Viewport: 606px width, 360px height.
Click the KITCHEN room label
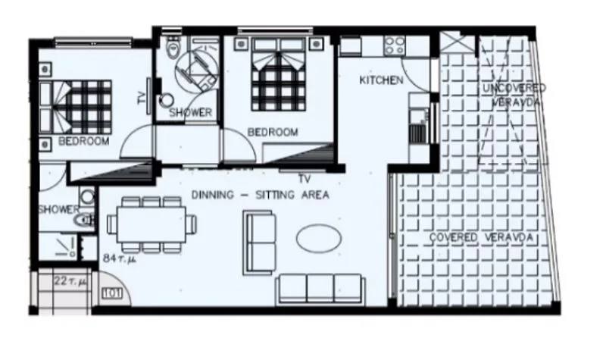pos(381,80)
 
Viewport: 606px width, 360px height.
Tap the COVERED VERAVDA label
pos(481,237)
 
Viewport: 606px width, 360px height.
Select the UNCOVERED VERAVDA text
pos(514,95)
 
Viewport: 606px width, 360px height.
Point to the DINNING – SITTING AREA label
pos(260,195)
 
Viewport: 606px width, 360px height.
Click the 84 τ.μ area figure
pos(120,258)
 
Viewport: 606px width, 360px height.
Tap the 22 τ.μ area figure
pos(70,281)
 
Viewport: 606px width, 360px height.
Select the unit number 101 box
pos(111,293)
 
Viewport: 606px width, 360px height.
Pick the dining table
pos(151,224)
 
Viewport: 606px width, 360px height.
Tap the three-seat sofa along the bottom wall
pos(320,289)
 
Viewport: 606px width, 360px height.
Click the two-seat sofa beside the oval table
pos(260,243)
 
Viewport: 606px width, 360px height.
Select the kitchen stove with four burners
pos(395,45)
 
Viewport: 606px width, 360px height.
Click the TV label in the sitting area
pos(305,179)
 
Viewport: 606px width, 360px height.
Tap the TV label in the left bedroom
pos(142,98)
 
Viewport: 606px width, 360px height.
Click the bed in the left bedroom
pos(75,105)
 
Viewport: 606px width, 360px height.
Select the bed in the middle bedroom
pos(279,74)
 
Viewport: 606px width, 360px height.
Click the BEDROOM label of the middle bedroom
pos(273,132)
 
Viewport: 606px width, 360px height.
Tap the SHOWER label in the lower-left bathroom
pos(59,210)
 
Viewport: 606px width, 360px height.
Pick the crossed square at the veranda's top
pos(458,42)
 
